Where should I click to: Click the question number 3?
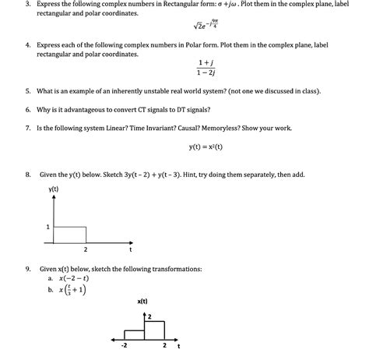[28, 4]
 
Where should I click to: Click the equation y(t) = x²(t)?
[206, 146]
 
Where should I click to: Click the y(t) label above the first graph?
[54, 189]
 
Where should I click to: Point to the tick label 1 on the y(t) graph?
[47, 227]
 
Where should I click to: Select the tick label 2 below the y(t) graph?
[85, 250]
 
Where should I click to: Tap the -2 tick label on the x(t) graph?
[124, 344]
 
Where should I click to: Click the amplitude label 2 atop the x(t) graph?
[149, 316]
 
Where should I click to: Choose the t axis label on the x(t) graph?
[177, 345]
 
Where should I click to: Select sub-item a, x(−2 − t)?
[68, 278]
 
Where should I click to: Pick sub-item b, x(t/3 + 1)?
[68, 290]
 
